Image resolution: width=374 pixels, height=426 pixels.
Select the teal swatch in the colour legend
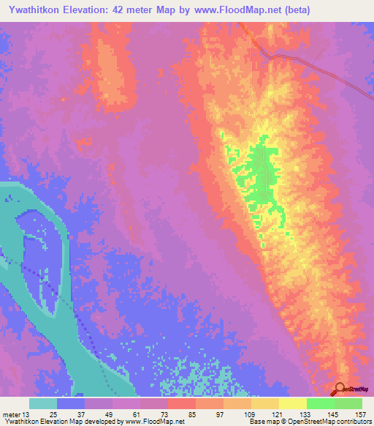click(43, 403)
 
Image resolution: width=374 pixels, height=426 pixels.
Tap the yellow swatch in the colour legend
click(293, 403)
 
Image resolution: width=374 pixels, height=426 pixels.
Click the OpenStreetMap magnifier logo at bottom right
click(341, 389)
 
